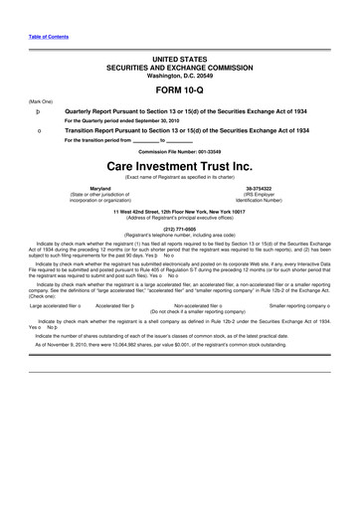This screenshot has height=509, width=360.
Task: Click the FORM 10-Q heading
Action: coord(179,87)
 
